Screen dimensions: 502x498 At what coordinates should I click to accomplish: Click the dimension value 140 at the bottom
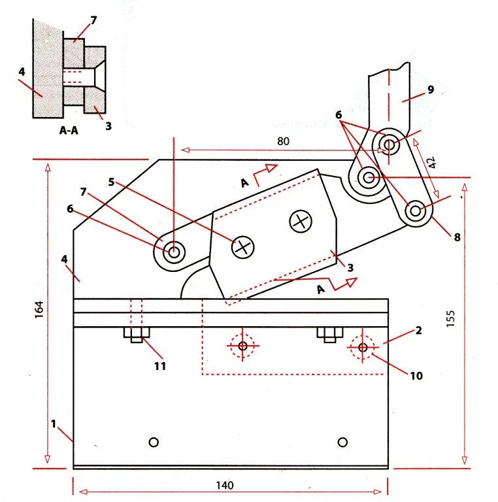[x=227, y=486]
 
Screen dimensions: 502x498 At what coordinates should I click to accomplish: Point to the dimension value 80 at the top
[x=282, y=141]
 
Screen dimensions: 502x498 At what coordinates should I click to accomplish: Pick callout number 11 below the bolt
[x=160, y=365]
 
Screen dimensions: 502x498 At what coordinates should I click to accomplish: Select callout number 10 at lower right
[x=416, y=375]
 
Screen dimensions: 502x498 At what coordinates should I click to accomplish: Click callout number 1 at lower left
[x=54, y=423]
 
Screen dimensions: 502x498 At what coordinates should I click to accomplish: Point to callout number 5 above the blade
[x=112, y=182]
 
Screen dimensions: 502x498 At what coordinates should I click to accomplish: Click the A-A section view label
[x=69, y=130]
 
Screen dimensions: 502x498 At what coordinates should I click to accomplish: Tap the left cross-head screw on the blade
[x=243, y=247]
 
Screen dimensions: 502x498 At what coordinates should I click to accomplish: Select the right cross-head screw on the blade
[x=301, y=221]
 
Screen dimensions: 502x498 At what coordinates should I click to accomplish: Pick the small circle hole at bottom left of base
[x=154, y=442]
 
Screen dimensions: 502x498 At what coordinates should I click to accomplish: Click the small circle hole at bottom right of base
[x=342, y=442]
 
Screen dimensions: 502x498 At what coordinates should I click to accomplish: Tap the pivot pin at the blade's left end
[x=174, y=251]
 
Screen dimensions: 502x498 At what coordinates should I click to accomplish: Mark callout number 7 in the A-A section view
[x=93, y=20]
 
